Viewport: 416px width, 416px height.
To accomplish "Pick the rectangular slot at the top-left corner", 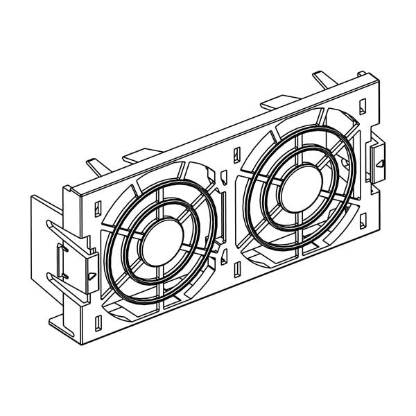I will click(x=96, y=206).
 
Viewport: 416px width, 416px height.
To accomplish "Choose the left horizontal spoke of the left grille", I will click(x=119, y=261).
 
